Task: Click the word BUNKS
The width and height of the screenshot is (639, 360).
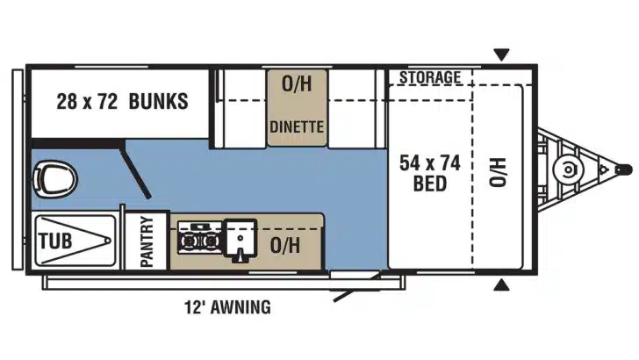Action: [158, 102]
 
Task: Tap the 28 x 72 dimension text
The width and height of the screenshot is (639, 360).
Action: [86, 102]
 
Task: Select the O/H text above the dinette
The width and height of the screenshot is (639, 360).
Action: [296, 85]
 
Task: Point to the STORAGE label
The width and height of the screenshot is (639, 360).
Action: [429, 77]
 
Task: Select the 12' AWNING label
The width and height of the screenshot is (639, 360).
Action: [227, 307]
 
